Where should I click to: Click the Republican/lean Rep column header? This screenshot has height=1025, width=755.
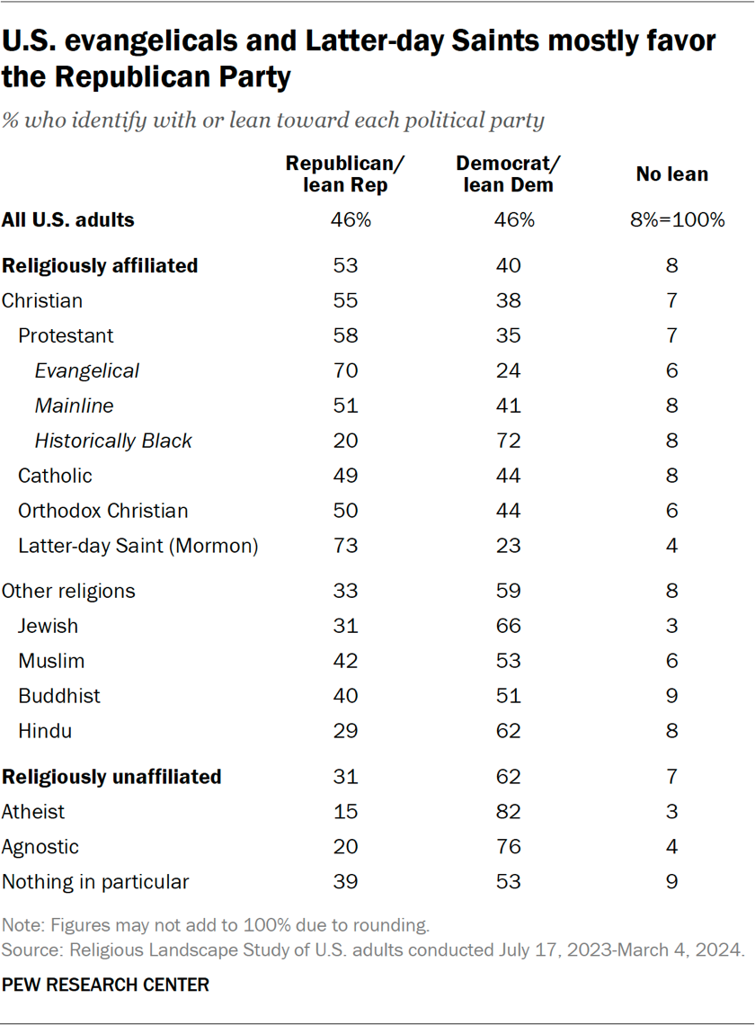tap(345, 174)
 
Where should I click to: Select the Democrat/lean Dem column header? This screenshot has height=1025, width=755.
tap(508, 174)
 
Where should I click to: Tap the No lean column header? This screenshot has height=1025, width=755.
tap(671, 174)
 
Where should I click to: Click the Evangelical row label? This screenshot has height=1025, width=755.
tap(87, 370)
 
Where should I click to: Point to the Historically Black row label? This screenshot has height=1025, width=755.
tap(113, 441)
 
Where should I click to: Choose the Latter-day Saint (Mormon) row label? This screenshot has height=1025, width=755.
tap(138, 546)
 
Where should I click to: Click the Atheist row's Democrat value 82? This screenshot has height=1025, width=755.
tap(508, 812)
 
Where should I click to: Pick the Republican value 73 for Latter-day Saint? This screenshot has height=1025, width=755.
tap(345, 546)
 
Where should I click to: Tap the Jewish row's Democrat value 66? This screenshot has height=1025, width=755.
tap(508, 626)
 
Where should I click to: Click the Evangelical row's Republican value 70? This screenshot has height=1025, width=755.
tap(345, 370)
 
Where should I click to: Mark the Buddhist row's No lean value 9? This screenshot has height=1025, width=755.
tap(671, 696)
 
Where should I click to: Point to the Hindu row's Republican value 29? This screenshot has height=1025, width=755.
tap(345, 731)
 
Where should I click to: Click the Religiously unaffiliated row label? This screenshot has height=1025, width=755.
tap(111, 777)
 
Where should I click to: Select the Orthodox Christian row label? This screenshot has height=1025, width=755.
tap(103, 511)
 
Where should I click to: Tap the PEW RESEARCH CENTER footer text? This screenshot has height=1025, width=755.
tap(105, 985)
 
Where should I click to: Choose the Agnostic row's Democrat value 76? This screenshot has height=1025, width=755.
tap(508, 847)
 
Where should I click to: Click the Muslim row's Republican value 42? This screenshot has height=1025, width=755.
tap(345, 661)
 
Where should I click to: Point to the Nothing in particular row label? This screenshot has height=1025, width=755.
tap(95, 882)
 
